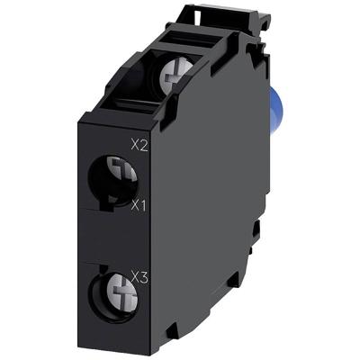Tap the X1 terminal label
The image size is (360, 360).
tap(139, 205)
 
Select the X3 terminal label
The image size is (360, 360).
tap(139, 275)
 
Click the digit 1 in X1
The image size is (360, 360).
tap(144, 205)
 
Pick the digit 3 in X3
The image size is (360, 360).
tap(144, 275)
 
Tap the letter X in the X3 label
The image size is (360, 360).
tap(135, 275)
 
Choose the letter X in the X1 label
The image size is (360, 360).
tap(135, 205)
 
